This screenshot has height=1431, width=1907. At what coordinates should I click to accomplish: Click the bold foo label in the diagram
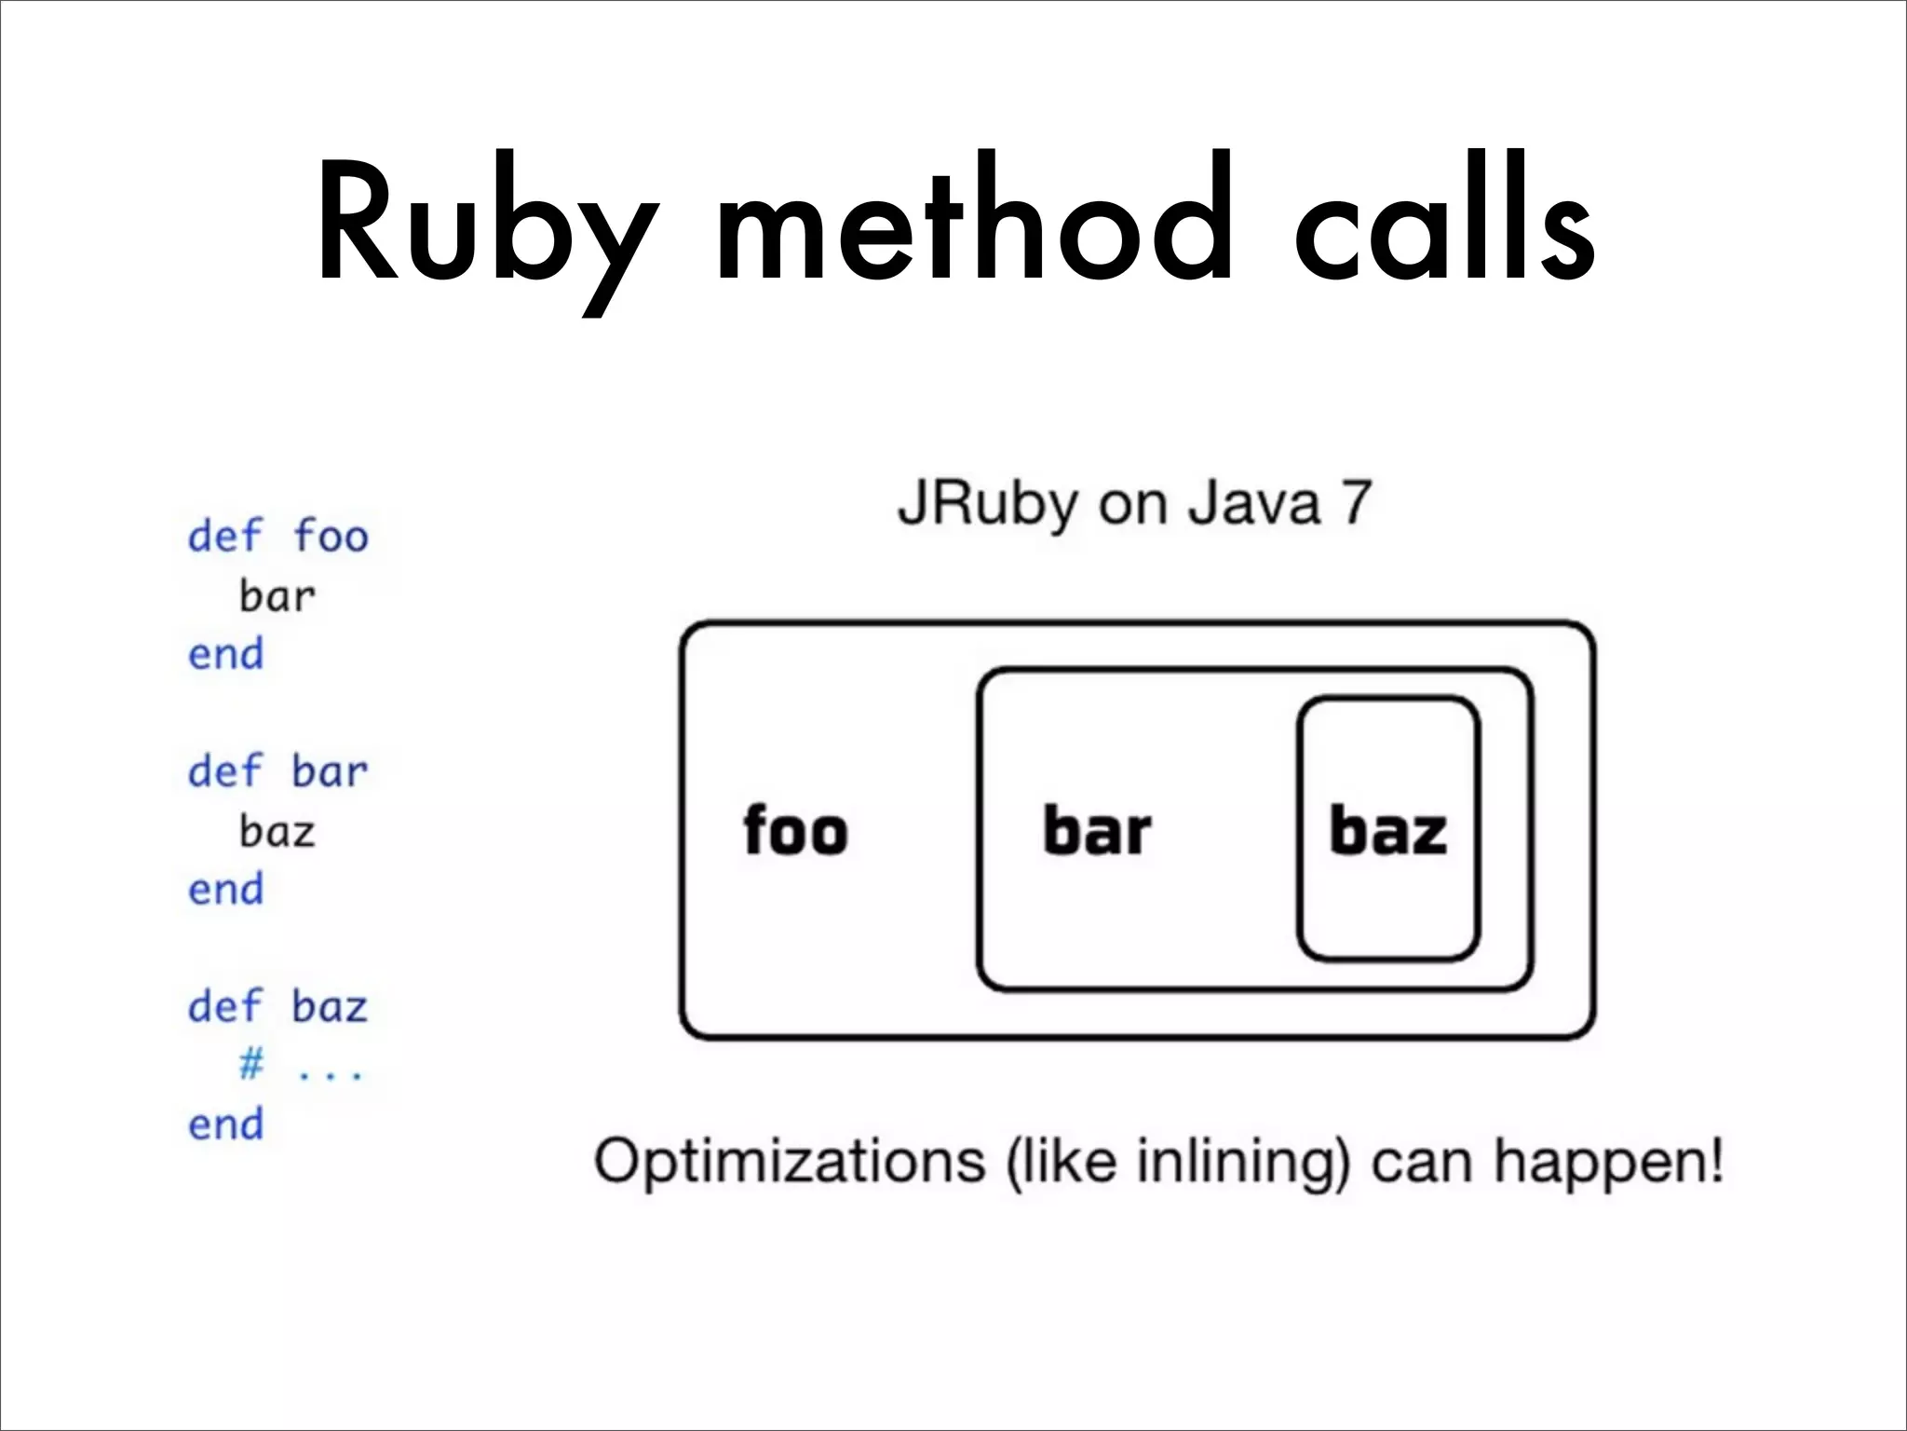pos(796,831)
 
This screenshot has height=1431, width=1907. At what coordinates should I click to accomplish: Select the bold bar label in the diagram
pos(1097,831)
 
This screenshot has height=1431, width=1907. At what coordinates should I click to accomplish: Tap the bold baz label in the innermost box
pos(1388,831)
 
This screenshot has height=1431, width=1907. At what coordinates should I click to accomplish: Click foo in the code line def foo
pos(331,537)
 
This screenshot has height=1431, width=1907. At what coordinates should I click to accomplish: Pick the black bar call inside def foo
pos(277,596)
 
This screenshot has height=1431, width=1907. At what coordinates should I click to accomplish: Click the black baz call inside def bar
pos(277,831)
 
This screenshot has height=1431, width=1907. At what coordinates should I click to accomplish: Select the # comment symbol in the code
pos(251,1064)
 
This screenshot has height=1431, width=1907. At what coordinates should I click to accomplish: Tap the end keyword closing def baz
pos(226,1124)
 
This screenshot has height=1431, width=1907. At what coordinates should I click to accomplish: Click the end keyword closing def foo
pos(226,654)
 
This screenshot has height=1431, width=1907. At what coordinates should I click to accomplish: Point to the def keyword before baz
pos(225,1007)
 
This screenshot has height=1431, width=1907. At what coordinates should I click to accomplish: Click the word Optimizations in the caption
pos(790,1163)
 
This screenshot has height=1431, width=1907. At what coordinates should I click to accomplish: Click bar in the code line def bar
pos(331,772)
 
